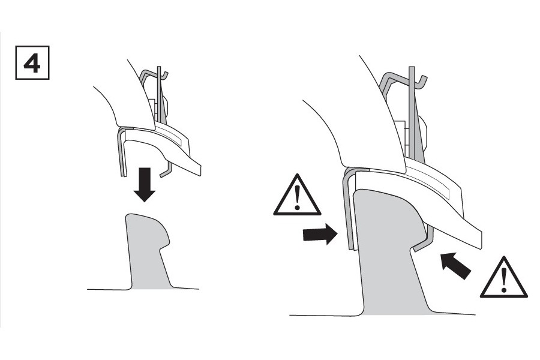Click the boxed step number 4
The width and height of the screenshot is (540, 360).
32,62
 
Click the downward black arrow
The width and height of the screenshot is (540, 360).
144,184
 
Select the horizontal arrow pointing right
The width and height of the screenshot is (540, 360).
320,234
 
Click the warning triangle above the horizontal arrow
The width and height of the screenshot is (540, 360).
297,196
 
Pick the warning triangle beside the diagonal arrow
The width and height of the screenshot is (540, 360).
504,278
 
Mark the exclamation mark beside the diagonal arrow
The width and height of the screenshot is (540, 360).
504,280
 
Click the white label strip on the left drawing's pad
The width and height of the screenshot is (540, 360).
171,136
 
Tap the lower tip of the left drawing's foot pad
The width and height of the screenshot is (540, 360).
200,175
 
